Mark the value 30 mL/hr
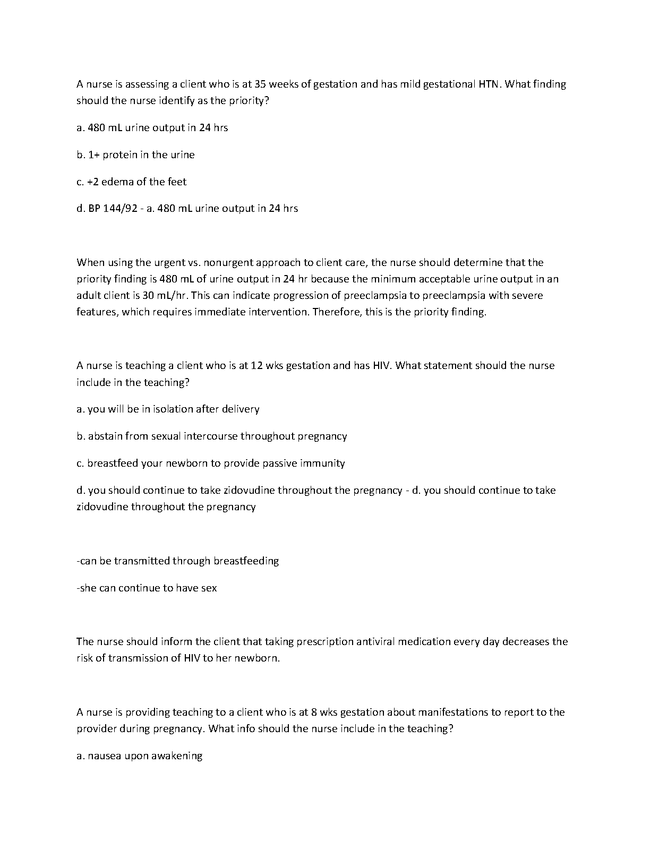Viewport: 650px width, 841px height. coord(165,295)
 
